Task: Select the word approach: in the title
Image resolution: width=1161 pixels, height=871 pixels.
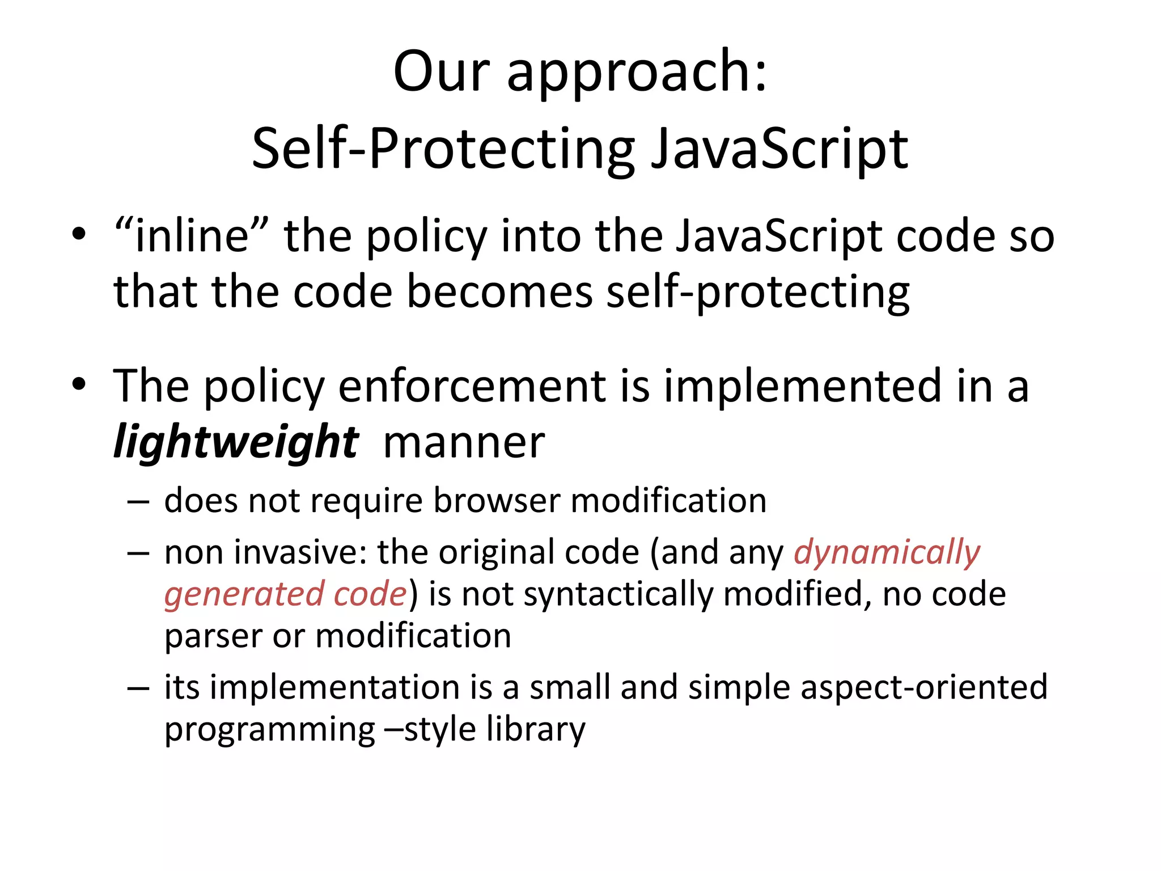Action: click(x=637, y=74)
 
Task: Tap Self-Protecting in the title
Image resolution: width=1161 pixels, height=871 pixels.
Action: click(x=442, y=149)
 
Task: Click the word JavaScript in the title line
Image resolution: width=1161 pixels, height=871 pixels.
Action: click(x=779, y=149)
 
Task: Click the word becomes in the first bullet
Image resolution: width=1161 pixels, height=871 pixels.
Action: click(x=499, y=292)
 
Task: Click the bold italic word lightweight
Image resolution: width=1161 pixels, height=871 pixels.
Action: click(x=236, y=442)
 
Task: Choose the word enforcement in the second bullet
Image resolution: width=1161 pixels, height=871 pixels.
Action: click(x=472, y=386)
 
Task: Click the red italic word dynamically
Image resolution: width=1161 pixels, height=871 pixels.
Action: click(x=887, y=552)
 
